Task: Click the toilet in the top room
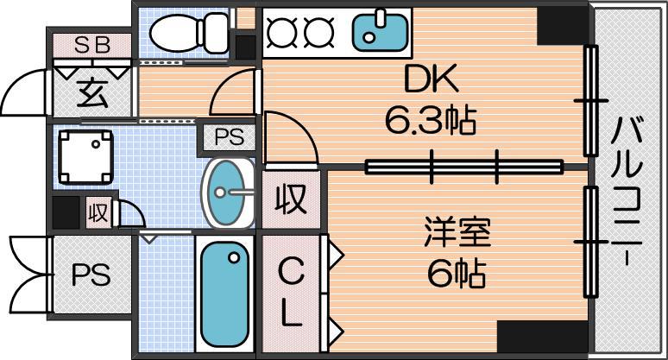click(190, 33)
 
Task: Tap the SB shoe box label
click(92, 45)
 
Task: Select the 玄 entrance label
click(92, 94)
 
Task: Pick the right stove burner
click(318, 33)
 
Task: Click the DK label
click(431, 79)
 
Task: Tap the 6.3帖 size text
click(431, 120)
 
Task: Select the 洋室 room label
click(457, 232)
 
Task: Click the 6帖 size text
click(457, 274)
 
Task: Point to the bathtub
click(225, 294)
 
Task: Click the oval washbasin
click(227, 193)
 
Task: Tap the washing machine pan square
click(85, 157)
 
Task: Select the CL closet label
click(291, 293)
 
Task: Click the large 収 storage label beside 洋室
click(291, 199)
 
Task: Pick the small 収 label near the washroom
click(98, 212)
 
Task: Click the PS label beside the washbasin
click(230, 137)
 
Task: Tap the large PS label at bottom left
click(91, 275)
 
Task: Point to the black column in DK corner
click(563, 26)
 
